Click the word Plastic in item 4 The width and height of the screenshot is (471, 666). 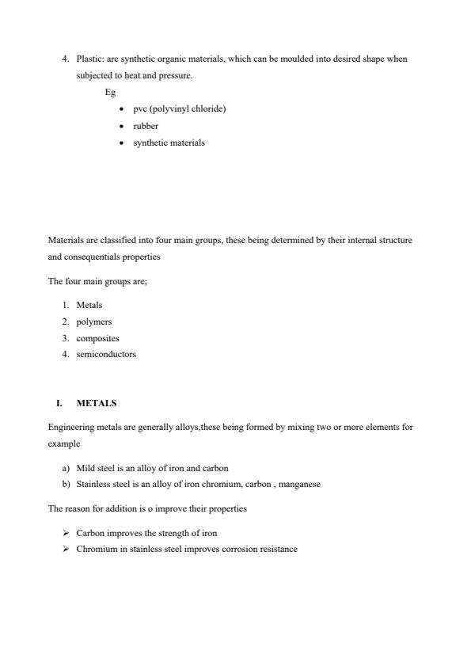click(89, 59)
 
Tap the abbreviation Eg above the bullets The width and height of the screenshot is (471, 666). click(110, 92)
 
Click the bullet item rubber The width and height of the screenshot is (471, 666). click(146, 126)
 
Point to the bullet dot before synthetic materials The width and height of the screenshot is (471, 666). click(120, 143)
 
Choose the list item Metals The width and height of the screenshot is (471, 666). click(89, 305)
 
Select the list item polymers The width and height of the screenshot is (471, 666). click(94, 322)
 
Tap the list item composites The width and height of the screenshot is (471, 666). click(97, 338)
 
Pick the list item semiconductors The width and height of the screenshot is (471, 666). click(106, 355)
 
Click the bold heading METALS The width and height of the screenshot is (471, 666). click(97, 403)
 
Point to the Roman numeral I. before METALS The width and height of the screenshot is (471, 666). click(59, 403)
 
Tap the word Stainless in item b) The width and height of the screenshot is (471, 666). click(93, 485)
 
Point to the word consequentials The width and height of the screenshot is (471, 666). click(92, 257)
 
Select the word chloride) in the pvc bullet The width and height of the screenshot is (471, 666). click(210, 108)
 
